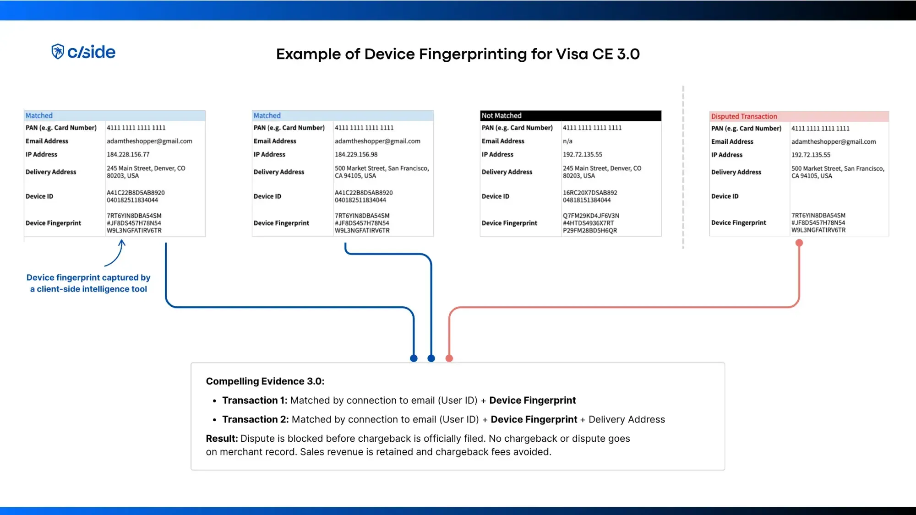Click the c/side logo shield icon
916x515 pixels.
(58, 52)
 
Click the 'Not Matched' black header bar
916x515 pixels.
(570, 116)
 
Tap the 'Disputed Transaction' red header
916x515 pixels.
(799, 116)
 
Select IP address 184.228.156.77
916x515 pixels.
(128, 155)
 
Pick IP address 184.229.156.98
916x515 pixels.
(356, 155)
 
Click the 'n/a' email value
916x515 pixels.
(567, 141)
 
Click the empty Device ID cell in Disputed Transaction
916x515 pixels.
(838, 196)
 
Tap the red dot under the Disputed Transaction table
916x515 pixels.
(799, 243)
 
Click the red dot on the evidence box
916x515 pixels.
(449, 358)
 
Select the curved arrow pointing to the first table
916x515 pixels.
(115, 254)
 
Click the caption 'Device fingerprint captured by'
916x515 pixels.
(88, 277)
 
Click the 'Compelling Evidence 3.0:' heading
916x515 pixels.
(265, 381)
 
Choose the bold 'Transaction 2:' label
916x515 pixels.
(255, 419)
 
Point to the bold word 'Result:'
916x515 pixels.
(222, 439)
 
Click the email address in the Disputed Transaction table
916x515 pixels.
(833, 142)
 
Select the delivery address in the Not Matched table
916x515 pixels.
(602, 172)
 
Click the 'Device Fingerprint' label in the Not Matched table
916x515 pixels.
(509, 223)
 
